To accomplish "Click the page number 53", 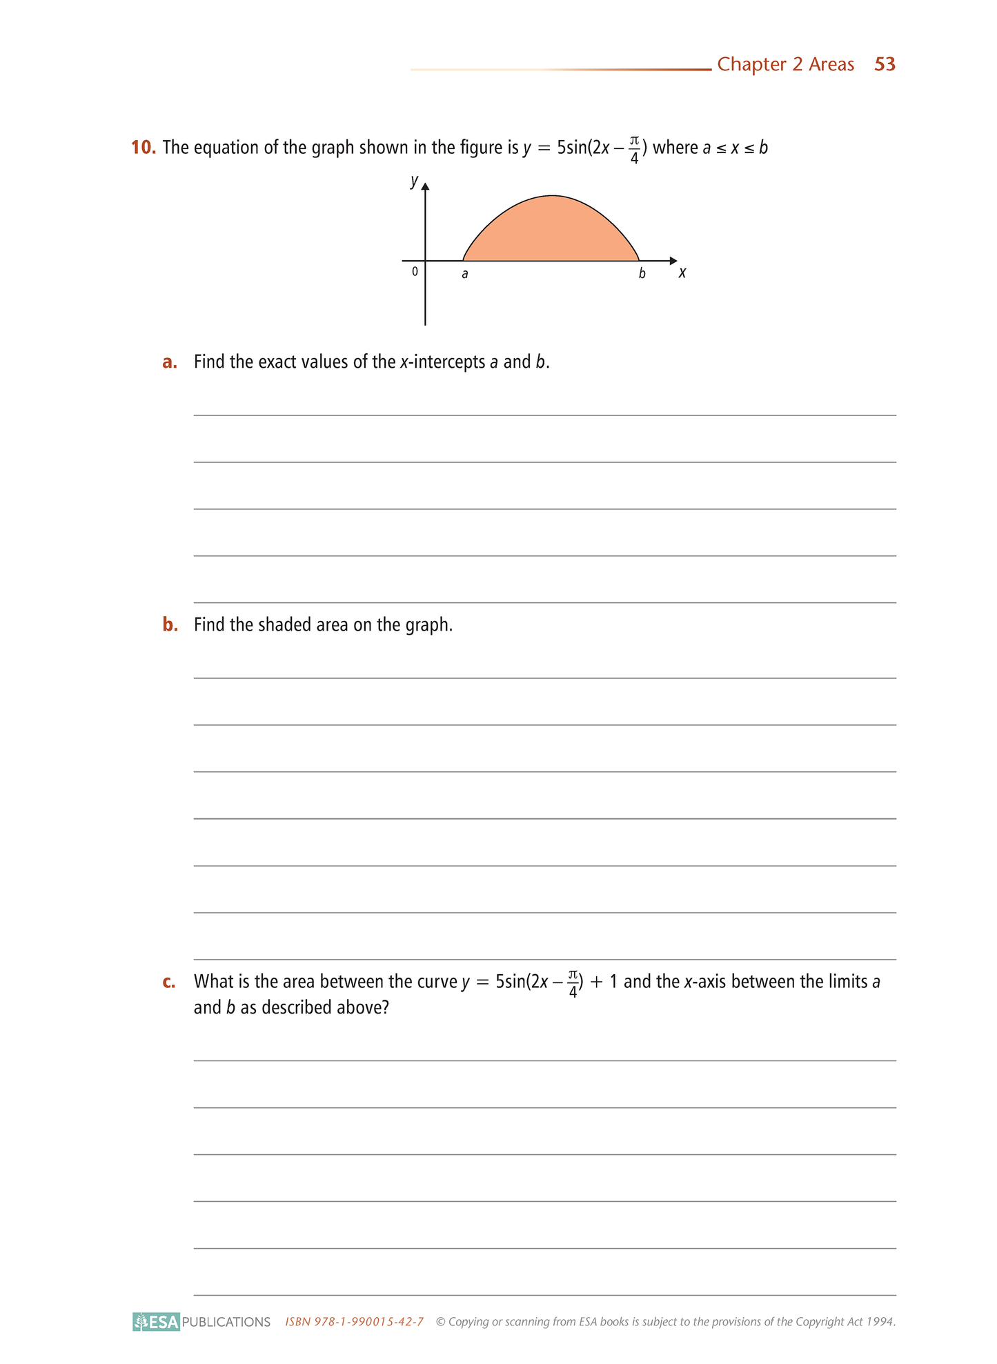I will coord(885,64).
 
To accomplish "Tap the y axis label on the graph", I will coord(414,181).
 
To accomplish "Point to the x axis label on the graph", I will coord(682,273).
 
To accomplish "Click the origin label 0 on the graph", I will coord(415,272).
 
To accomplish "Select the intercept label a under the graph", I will coord(464,274).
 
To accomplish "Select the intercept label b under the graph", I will coord(642,273).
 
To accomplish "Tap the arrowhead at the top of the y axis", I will coord(425,186).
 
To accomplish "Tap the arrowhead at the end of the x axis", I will coord(673,261).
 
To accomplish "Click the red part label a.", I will coord(169,362).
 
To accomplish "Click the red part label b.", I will coord(170,624).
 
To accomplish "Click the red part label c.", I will coord(169,982).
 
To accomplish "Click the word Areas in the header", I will coord(831,64).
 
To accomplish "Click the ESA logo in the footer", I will coord(157,1321).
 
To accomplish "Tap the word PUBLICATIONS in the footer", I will coord(226,1322).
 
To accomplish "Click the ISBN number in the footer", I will coord(354,1322).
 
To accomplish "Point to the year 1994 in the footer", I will coord(880,1322).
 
